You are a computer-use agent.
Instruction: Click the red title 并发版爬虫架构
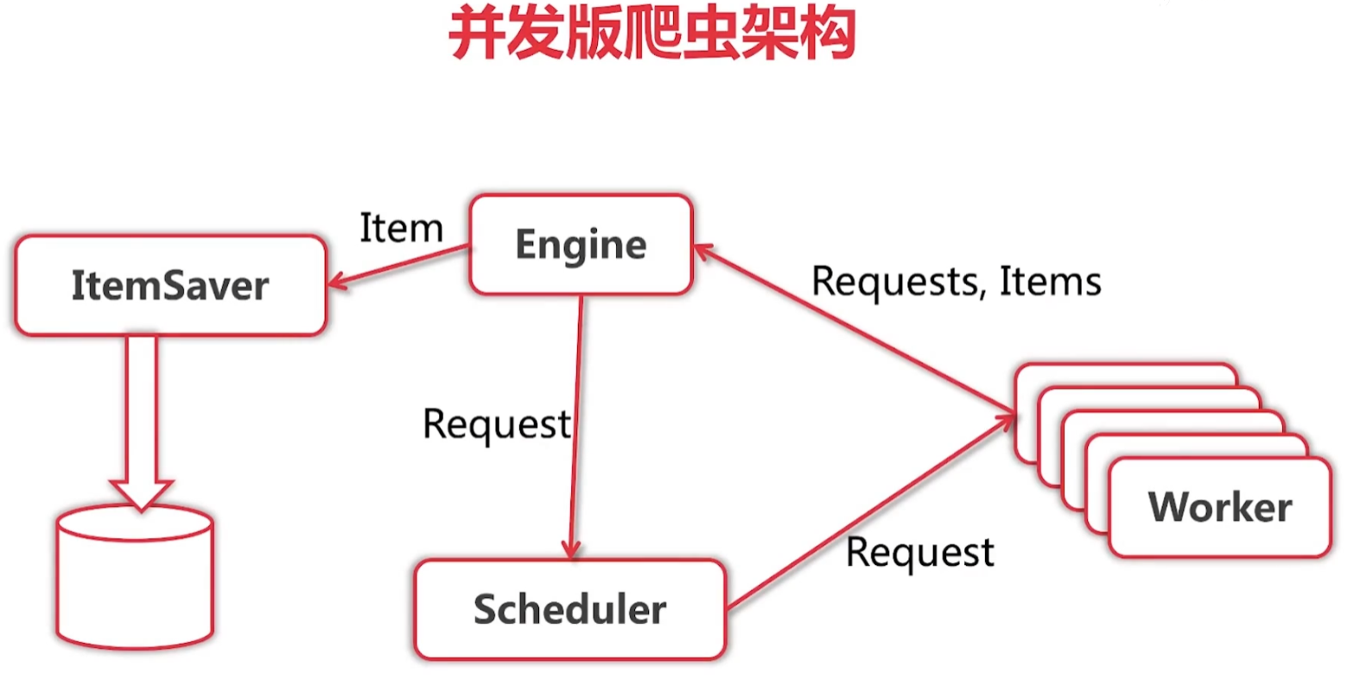coord(652,35)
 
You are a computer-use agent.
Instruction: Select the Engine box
coord(581,244)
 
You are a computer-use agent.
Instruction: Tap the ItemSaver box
coord(170,285)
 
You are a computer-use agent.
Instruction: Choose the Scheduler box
coord(569,610)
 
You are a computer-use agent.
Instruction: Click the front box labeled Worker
coord(1219,507)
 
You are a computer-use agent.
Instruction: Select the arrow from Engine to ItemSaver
coord(397,265)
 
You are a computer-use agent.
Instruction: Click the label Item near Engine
coord(401,228)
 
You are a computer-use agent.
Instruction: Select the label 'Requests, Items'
coord(957,282)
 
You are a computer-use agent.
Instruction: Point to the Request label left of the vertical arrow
coord(496,424)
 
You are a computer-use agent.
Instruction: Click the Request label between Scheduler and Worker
coord(920,552)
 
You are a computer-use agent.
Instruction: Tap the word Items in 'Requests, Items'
coord(1051,282)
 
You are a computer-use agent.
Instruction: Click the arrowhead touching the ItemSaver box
coord(336,281)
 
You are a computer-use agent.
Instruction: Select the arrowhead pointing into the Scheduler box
coord(570,549)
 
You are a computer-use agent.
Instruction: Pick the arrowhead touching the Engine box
coord(702,251)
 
